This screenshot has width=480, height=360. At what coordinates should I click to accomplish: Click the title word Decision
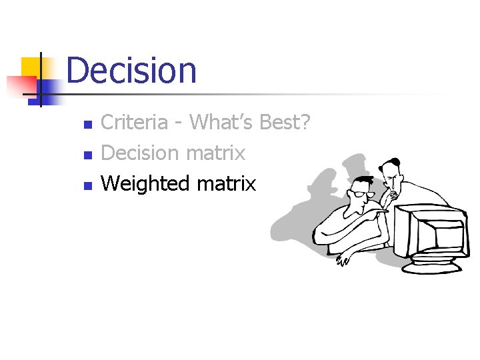(131, 71)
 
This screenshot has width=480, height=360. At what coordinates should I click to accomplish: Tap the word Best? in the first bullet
(285, 122)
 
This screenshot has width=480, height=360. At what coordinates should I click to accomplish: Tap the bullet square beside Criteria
(86, 125)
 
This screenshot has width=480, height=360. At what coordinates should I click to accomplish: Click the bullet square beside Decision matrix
(86, 155)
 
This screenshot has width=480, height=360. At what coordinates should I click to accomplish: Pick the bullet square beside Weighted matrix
(86, 186)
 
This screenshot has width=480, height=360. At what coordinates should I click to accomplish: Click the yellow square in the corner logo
(31, 66)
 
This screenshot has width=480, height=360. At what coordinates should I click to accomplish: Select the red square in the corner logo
(20, 86)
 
